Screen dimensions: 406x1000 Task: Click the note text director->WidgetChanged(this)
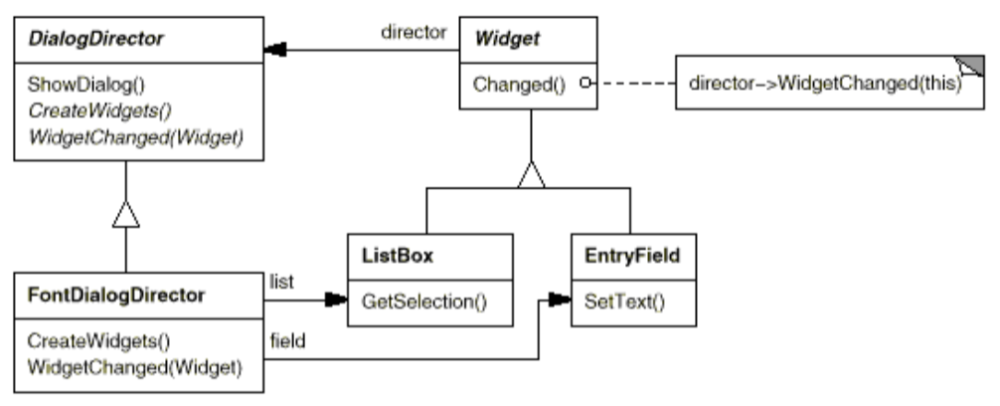click(x=825, y=86)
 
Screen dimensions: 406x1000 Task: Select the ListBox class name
click(x=392, y=258)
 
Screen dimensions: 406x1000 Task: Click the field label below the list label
click(x=286, y=340)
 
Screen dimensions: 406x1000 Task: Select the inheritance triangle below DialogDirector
click(x=125, y=213)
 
